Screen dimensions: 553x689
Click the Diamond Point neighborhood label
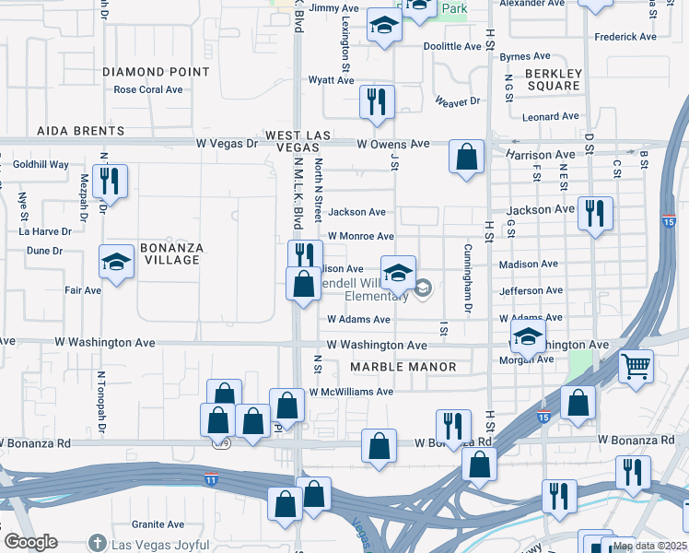click(156, 72)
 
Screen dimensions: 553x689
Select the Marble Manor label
click(403, 367)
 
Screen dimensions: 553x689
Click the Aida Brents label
click(80, 132)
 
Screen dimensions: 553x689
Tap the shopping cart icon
click(636, 367)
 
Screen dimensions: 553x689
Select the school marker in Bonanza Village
click(116, 265)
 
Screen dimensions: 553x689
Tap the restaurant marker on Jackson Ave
click(594, 213)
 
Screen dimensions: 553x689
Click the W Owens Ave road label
click(393, 144)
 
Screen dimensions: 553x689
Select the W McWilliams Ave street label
click(351, 392)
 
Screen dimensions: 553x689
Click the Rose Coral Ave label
click(148, 90)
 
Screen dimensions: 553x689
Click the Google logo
click(31, 543)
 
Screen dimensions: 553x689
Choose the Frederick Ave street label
click(625, 37)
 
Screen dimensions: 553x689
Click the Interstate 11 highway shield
click(211, 479)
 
